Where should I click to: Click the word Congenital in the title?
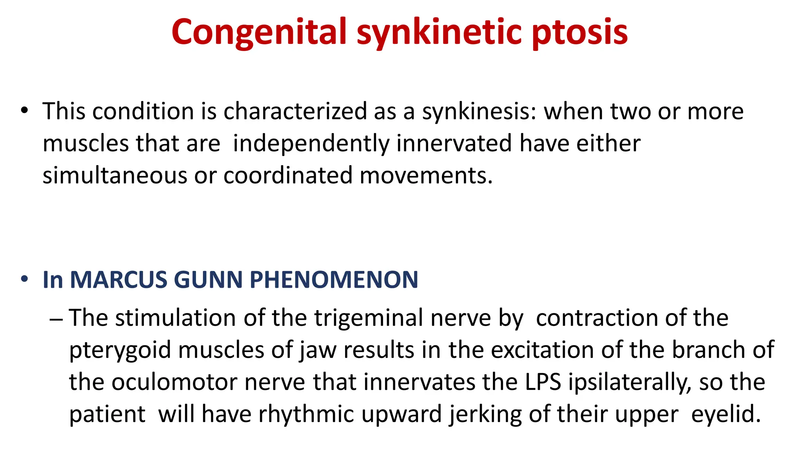tap(259, 32)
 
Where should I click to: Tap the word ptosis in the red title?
tap(580, 32)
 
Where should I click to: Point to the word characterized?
tap(295, 111)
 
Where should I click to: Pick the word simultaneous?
tap(115, 175)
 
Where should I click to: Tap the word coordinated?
tap(288, 175)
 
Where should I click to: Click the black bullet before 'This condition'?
tap(25, 110)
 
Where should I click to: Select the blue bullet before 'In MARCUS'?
tap(25, 279)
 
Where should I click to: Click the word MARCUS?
tap(118, 280)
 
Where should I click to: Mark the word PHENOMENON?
tap(334, 280)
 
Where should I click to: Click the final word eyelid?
tap(726, 414)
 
